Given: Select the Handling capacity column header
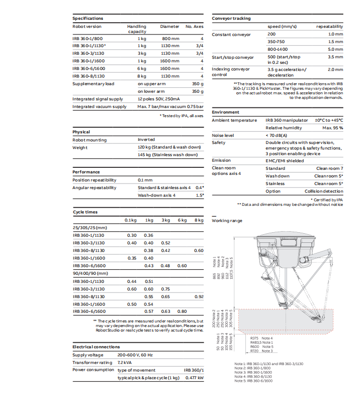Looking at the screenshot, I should tap(136, 29).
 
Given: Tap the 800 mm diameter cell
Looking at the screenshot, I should tap(170, 39).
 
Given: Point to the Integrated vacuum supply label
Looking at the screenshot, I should tap(99, 106).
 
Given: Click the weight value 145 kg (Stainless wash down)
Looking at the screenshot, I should tap(167, 155).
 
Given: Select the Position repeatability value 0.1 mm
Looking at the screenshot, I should tap(145, 180).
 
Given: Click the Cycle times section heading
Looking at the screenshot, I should tap(85, 212).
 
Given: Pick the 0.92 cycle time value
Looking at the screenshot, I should tap(198, 296).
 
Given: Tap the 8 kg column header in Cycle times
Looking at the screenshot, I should tap(199, 220).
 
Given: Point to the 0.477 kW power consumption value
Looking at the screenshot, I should tap(194, 378).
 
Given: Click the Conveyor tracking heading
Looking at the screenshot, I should tap(231, 18).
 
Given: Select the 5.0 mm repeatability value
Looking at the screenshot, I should tap(335, 49).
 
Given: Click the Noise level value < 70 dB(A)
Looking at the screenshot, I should tap(277, 135).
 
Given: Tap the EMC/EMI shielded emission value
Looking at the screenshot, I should tap(285, 160).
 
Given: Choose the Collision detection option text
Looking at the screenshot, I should tap(323, 191).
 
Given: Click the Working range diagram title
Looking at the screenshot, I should tap(227, 221).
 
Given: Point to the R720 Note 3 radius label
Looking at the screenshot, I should tap(262, 351).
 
